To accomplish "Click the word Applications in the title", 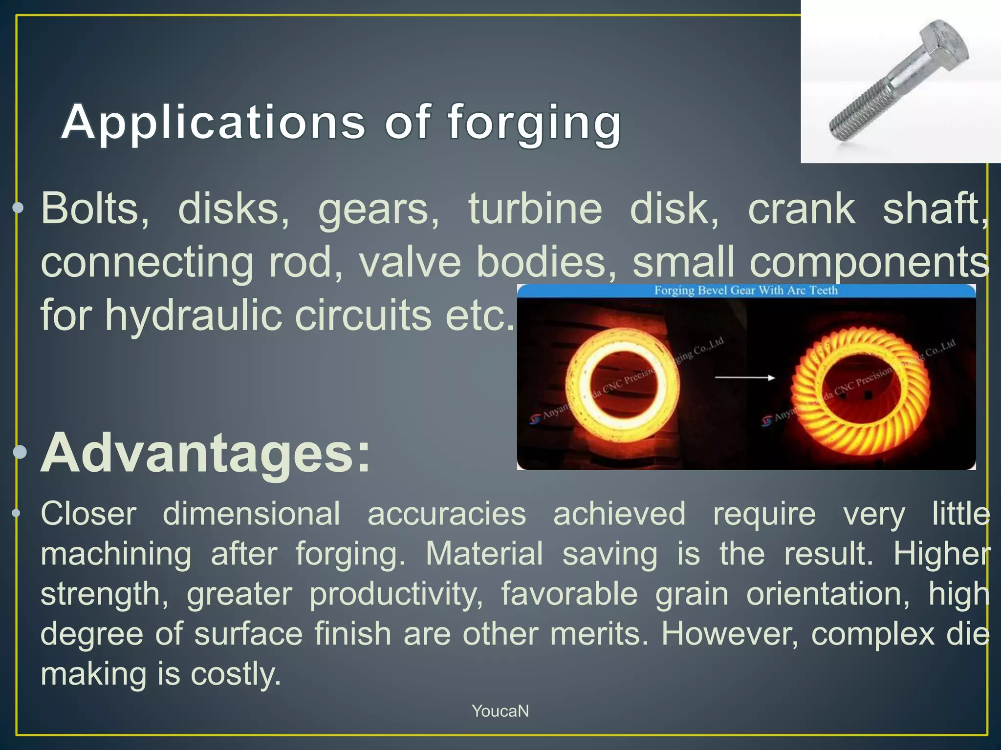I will tap(213, 122).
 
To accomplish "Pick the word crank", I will tap(802, 209).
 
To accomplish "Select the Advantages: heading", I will tap(205, 453).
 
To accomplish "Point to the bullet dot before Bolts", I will tap(18, 208).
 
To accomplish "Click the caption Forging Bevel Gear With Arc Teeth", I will tap(746, 291).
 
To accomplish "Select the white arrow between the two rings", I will tap(744, 377).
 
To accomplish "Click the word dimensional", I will tap(251, 514).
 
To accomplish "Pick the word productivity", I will tap(396, 594).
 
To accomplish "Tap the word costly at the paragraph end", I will tap(236, 674).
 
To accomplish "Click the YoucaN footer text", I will tap(500, 711).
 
